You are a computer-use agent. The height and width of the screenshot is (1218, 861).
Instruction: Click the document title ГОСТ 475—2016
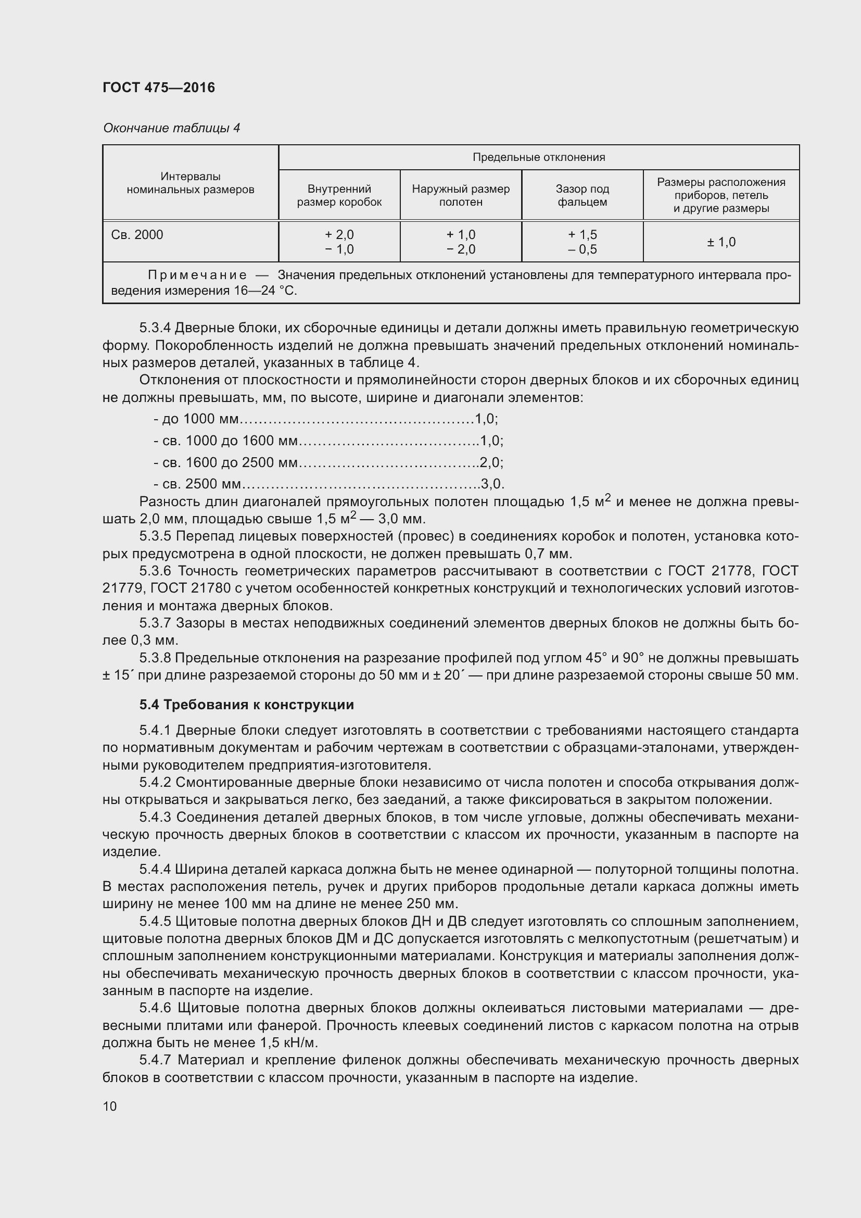(x=159, y=87)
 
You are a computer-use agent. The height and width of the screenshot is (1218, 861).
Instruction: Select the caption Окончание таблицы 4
(x=171, y=128)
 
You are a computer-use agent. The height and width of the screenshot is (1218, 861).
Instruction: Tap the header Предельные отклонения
(x=538, y=157)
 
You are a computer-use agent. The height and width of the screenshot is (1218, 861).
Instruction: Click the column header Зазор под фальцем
(x=582, y=195)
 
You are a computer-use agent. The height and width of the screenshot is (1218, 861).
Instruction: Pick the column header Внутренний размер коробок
(x=339, y=195)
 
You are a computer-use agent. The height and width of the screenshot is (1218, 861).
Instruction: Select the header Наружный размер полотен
(x=461, y=195)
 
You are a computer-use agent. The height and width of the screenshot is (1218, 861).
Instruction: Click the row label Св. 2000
(x=137, y=234)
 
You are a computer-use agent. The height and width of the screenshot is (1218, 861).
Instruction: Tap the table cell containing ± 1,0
(x=721, y=242)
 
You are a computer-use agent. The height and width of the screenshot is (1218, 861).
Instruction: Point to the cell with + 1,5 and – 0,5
(x=582, y=242)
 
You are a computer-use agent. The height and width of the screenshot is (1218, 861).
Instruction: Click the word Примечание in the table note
(x=197, y=275)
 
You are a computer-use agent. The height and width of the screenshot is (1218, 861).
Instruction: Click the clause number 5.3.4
(x=155, y=328)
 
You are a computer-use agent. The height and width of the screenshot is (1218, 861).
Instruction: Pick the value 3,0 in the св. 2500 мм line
(x=491, y=484)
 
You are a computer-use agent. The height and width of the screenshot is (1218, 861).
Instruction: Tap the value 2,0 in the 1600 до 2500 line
(x=490, y=462)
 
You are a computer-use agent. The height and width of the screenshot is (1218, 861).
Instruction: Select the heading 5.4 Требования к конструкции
(x=247, y=705)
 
